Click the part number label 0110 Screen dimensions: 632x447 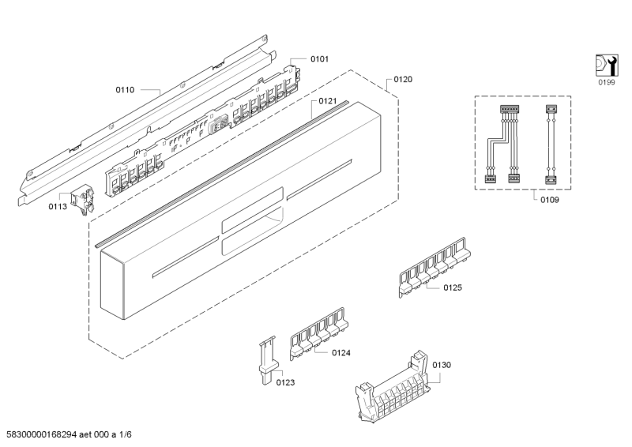125,90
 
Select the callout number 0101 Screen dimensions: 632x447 319,59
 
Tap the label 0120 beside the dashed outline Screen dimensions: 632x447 403,80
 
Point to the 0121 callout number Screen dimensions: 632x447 327,101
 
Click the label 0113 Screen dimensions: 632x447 58,207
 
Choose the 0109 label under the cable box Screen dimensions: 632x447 550,200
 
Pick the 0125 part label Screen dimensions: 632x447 453,287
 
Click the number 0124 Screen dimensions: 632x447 341,353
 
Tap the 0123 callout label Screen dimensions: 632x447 285,382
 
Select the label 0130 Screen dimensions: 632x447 442,365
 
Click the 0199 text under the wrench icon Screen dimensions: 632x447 606,82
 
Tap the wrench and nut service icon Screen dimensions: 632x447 606,65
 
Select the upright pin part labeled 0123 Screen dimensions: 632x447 266,360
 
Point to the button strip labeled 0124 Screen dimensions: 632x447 318,334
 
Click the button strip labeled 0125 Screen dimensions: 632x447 434,267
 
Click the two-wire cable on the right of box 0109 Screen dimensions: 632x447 551,145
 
